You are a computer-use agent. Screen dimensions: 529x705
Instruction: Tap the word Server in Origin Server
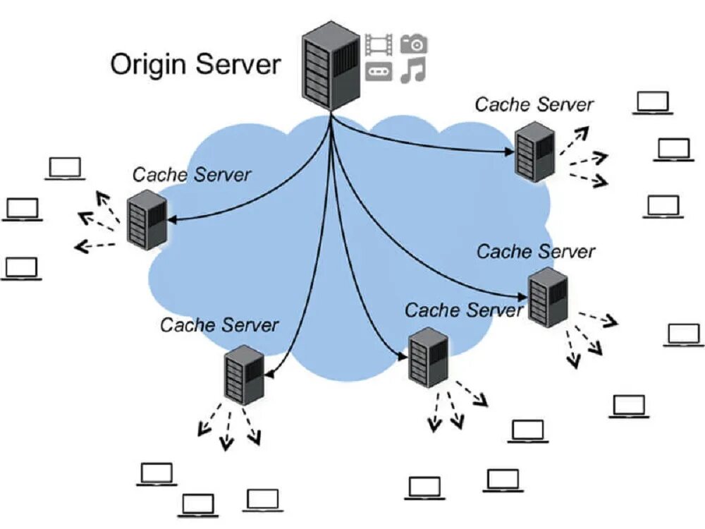238,64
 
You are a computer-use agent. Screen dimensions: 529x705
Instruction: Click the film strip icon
379,44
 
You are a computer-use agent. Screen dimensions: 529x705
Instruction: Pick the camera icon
414,44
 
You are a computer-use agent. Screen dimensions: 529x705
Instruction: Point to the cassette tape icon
379,71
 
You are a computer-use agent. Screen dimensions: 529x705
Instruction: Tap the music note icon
413,71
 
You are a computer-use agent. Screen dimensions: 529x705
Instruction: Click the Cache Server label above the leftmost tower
192,174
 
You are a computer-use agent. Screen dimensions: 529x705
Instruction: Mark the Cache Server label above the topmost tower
534,104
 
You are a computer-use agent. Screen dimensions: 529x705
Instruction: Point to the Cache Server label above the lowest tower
219,325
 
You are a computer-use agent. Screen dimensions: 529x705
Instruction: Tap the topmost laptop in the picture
653,103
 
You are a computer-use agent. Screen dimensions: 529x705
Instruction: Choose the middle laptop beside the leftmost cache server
22,209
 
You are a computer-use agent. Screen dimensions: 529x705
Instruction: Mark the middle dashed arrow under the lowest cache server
226,432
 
